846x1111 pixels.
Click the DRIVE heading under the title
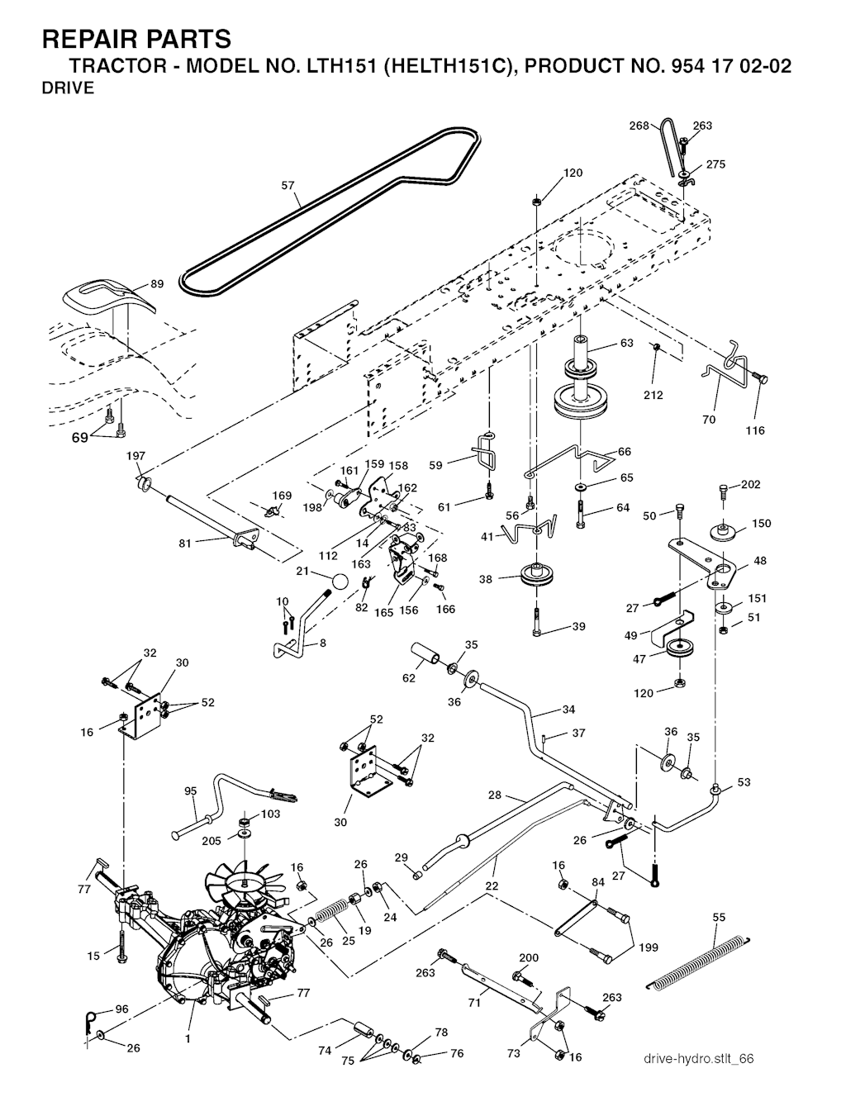click(x=68, y=89)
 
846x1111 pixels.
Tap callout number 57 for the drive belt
click(x=288, y=186)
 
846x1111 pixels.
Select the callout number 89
click(x=157, y=284)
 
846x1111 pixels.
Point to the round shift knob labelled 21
click(x=338, y=581)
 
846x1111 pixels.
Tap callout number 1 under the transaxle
click(x=188, y=1039)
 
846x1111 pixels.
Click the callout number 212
click(x=653, y=395)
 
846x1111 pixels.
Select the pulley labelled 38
click(x=538, y=576)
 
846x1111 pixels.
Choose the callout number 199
click(x=649, y=947)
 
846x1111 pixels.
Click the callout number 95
click(x=191, y=791)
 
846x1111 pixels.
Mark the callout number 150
click(x=761, y=524)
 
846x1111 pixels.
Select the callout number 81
click(x=185, y=544)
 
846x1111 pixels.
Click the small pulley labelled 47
click(x=680, y=649)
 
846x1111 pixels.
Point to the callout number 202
click(x=750, y=485)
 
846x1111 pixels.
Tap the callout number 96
click(x=121, y=1009)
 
